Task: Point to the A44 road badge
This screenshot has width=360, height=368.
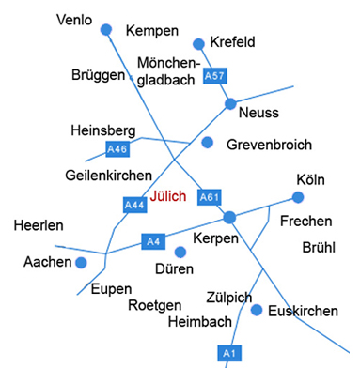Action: (x=133, y=203)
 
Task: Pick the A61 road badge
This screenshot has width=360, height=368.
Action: (x=210, y=197)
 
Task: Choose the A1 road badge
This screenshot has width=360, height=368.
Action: (x=227, y=353)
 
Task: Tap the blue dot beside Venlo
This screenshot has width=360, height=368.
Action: (x=106, y=30)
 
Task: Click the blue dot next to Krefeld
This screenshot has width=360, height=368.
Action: (x=198, y=43)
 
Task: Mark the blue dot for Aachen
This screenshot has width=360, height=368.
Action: (x=82, y=262)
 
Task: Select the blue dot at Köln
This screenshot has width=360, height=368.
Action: (x=298, y=197)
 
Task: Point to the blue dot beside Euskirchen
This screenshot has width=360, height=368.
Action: (x=257, y=309)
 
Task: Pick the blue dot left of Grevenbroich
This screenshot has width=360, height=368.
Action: (x=207, y=143)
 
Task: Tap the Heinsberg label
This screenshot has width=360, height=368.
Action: (x=102, y=130)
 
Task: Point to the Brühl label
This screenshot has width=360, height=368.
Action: (x=319, y=248)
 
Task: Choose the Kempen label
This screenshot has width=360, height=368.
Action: (x=151, y=31)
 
